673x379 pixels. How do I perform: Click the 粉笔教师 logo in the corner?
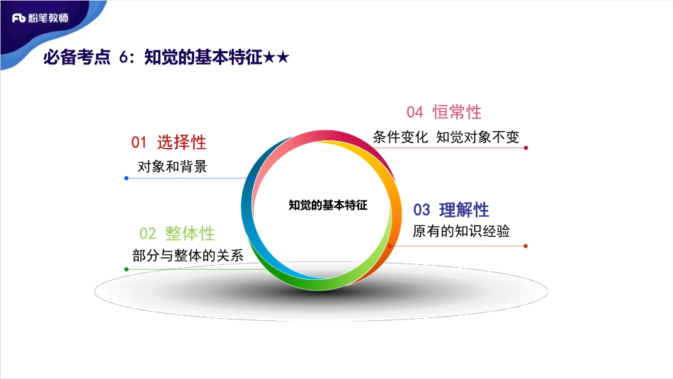coord(40,17)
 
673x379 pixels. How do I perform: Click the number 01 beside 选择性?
coord(139,142)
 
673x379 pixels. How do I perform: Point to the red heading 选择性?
coord(181,142)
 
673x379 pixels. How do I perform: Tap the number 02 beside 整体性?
coord(147,234)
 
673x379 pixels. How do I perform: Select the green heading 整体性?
coord(190,234)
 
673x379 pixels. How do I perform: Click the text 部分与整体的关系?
coord(188,256)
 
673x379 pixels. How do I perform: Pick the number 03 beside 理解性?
coord(422,210)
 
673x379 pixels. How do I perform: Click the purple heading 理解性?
coord(464,210)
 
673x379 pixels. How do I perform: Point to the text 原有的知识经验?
coord(461,232)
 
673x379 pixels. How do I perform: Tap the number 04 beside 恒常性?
coord(414,112)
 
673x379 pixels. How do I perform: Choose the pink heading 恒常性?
coord(457,112)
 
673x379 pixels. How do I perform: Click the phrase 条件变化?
coord(400,137)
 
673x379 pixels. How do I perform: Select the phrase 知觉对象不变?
coord(478,137)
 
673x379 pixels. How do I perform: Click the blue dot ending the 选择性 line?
coord(126,178)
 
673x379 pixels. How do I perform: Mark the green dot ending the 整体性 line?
coord(126,269)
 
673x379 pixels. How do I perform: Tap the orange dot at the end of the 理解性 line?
coord(526,246)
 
